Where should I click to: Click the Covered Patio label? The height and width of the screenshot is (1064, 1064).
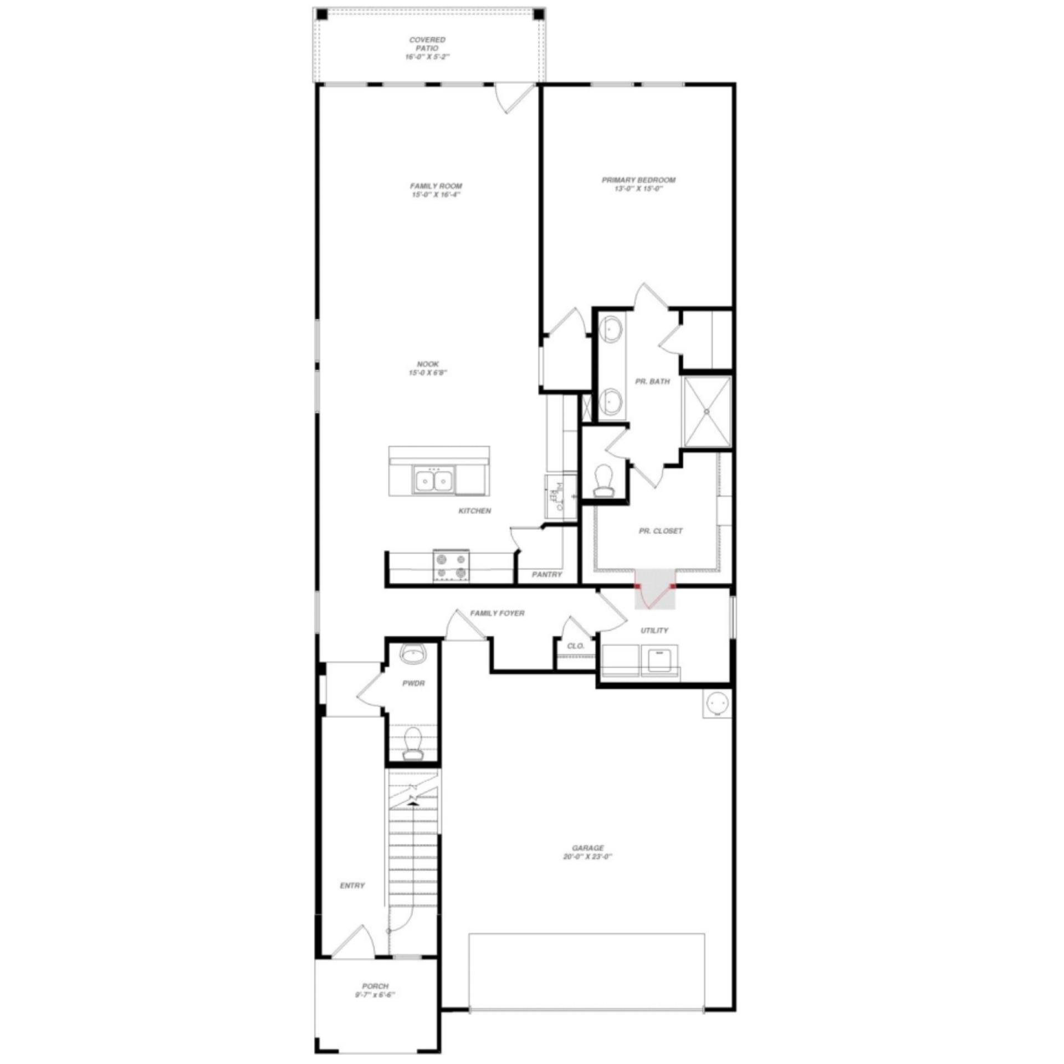(x=427, y=44)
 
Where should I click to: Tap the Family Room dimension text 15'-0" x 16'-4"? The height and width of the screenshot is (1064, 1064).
(x=436, y=195)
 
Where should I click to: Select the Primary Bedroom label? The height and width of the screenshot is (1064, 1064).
(x=638, y=180)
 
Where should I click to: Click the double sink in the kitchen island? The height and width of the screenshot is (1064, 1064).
(x=433, y=480)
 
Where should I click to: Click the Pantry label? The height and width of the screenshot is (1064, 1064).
(x=546, y=575)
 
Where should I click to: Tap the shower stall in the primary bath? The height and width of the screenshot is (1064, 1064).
(x=707, y=411)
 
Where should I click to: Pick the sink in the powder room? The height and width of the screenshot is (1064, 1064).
(x=413, y=654)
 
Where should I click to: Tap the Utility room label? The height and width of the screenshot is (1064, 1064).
(x=654, y=631)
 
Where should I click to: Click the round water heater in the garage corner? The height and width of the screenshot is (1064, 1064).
(x=717, y=704)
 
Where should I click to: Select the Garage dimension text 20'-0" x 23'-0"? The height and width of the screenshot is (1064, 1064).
(x=587, y=857)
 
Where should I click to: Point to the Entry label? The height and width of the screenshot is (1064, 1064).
(x=352, y=901)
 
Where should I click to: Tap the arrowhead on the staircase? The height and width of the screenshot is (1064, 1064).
(x=413, y=801)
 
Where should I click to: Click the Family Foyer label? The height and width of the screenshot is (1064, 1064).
(x=497, y=613)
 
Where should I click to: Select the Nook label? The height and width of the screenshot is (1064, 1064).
(x=428, y=364)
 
